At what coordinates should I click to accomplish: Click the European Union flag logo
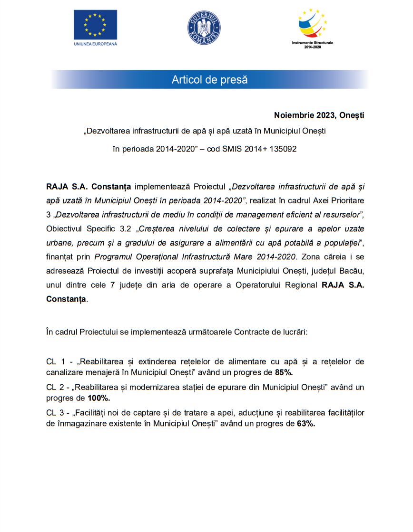click(x=95, y=25)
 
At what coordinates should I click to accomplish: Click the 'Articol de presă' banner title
click(x=209, y=80)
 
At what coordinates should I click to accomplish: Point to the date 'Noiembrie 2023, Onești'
click(x=319, y=115)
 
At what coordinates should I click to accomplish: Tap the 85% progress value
click(x=284, y=371)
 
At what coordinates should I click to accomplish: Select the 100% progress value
click(x=99, y=398)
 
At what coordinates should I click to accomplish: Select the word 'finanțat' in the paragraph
click(x=59, y=257)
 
